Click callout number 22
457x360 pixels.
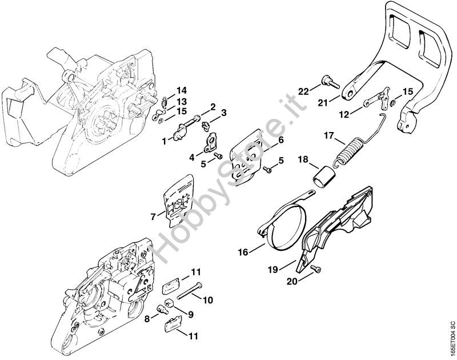click(x=303, y=91)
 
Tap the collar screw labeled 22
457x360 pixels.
click(x=331, y=82)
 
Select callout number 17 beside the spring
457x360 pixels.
click(x=330, y=136)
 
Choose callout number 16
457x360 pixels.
click(x=243, y=251)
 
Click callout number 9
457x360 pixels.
click(x=191, y=315)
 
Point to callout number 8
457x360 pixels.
click(x=147, y=319)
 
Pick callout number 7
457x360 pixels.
click(x=153, y=217)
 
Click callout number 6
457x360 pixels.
click(x=280, y=140)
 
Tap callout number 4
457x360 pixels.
click(x=191, y=158)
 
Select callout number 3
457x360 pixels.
click(x=224, y=113)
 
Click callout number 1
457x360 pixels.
click(x=164, y=142)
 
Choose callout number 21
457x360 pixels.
click(x=323, y=102)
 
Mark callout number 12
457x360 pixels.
click(x=344, y=115)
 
